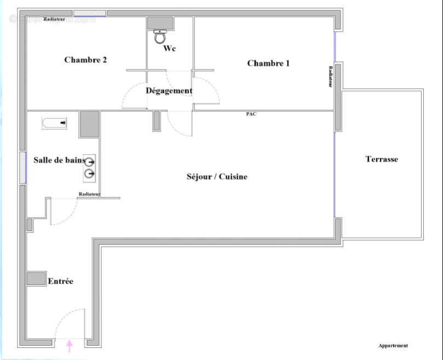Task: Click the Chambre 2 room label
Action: pos(85,60)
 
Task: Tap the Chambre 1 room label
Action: pos(268,63)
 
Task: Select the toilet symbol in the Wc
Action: pos(160,36)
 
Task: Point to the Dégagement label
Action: pos(169,90)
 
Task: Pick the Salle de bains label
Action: pos(59,160)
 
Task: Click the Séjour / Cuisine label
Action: pos(217,176)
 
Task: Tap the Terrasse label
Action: pos(382,159)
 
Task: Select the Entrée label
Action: pos(60,281)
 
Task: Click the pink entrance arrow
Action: pos(70,346)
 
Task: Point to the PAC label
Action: pos(251,114)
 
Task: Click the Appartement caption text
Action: pos(393,346)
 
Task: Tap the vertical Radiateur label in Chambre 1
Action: pos(330,77)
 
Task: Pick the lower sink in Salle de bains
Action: pos(89,174)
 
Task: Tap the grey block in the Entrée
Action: pos(36,278)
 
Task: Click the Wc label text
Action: pos(170,48)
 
